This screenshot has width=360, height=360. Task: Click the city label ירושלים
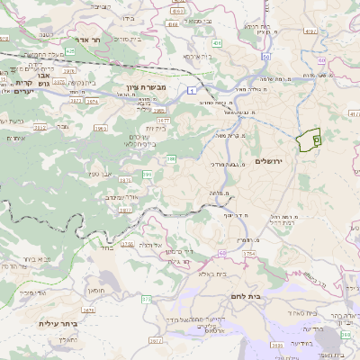pyautogui.click(x=269, y=161)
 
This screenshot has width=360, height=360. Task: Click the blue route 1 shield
pyautogui.click(x=193, y=91)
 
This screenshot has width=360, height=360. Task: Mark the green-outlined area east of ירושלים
pyautogui.click(x=310, y=140)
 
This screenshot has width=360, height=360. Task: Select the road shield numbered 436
pyautogui.click(x=217, y=42)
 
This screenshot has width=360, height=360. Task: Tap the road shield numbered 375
pyautogui.click(x=147, y=298)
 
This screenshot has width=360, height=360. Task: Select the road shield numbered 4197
pyautogui.click(x=310, y=31)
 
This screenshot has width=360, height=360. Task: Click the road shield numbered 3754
pyautogui.click(x=248, y=255)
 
